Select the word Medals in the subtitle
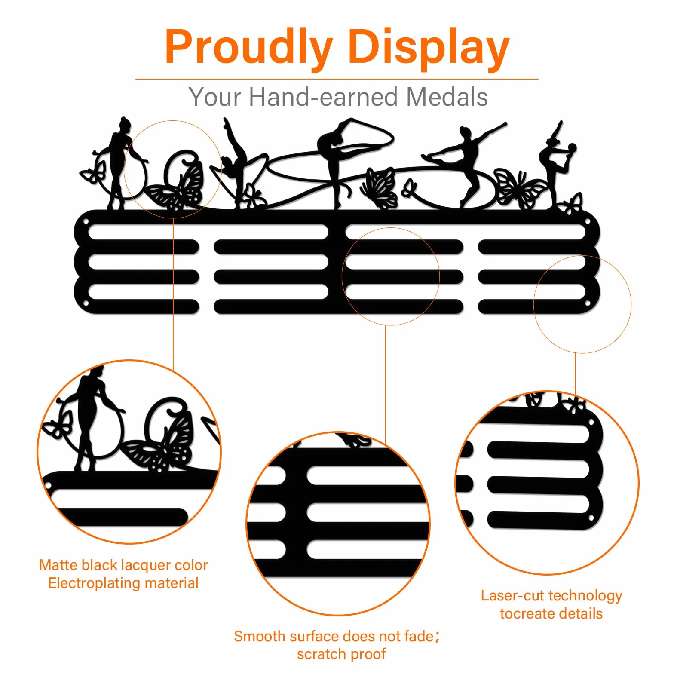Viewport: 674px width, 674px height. (x=447, y=97)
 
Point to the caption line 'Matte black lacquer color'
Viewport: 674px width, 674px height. (x=124, y=565)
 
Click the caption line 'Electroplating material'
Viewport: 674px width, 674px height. (x=123, y=583)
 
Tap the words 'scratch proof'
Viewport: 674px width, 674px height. (x=341, y=654)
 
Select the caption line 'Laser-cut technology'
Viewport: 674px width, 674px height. (x=551, y=596)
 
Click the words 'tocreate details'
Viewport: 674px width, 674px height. (x=551, y=614)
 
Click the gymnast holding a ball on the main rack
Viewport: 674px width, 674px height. (x=557, y=165)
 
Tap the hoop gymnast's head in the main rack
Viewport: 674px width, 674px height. (x=125, y=124)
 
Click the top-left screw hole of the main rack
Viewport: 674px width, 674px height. (x=86, y=222)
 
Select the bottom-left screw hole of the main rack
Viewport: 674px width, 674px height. (x=86, y=303)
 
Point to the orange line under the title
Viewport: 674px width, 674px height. (x=337, y=79)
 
